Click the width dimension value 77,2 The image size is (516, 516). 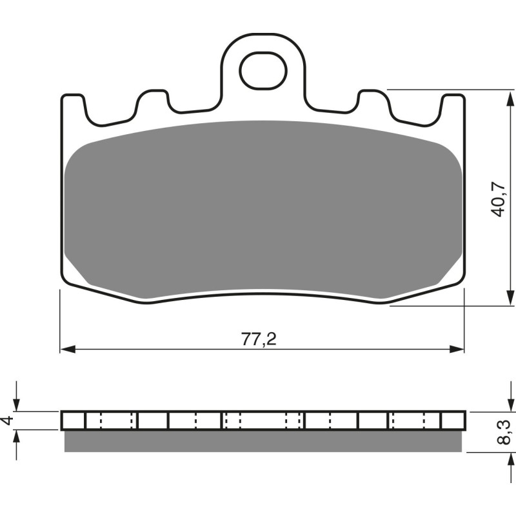pyautogui.click(x=259, y=339)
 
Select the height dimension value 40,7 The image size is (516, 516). pyautogui.click(x=497, y=199)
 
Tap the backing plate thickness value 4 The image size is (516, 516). pyautogui.click(x=7, y=421)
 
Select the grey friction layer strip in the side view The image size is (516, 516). pyautogui.click(x=264, y=441)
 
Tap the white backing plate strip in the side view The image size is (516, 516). pyautogui.click(x=264, y=421)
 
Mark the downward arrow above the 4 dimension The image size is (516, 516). pyautogui.click(x=17, y=404)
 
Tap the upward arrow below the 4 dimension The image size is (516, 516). pyautogui.click(x=17, y=437)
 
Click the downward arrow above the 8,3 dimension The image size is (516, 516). pyautogui.click(x=505, y=404)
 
